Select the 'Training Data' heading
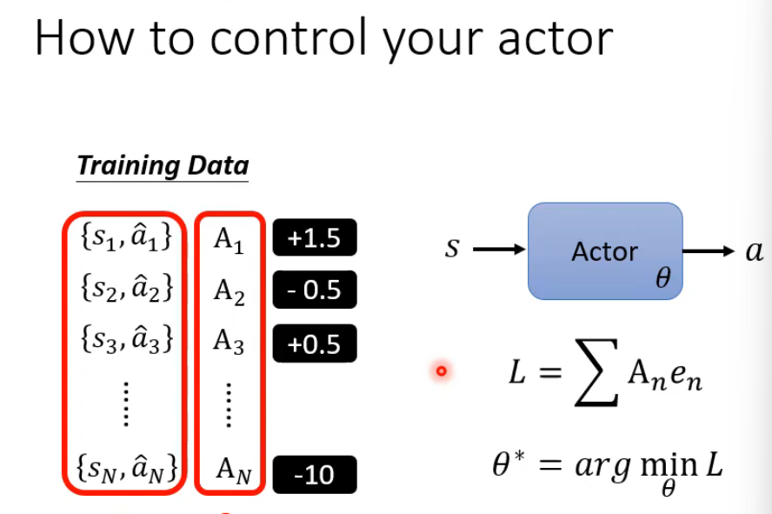(163, 165)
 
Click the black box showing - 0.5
(314, 290)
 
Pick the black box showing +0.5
(314, 344)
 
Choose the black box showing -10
(314, 476)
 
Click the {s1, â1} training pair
(125, 238)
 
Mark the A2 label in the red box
(229, 291)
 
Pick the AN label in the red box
(230, 473)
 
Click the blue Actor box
(605, 251)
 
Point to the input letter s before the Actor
(451, 250)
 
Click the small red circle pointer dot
(441, 372)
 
